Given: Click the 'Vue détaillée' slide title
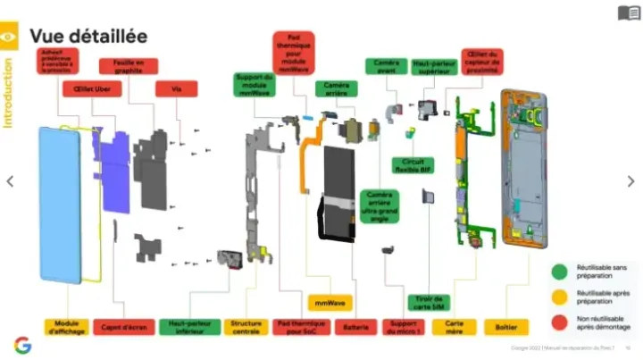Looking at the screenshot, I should click(88, 36).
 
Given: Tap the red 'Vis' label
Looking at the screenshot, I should click(176, 88).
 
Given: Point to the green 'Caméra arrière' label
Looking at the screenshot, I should click(336, 88).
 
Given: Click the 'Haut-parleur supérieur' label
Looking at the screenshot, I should click(432, 65).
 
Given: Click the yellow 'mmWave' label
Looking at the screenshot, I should click(328, 303).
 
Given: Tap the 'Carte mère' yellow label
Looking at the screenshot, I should click(453, 327).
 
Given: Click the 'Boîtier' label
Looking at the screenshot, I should click(505, 327).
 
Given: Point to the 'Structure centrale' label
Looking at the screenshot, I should click(246, 327).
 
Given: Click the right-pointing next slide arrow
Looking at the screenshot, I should click(631, 180).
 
